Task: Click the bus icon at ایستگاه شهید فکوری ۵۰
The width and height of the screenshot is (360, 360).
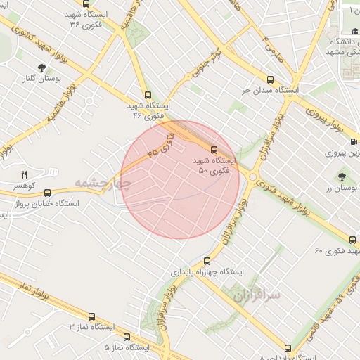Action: [214, 149]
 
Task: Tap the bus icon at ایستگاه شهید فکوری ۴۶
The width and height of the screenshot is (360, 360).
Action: [147, 94]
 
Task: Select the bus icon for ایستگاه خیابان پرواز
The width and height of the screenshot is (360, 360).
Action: [47, 192]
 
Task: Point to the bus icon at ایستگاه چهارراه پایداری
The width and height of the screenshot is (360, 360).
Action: [208, 259]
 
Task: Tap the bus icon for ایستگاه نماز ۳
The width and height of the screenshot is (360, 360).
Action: [92, 316]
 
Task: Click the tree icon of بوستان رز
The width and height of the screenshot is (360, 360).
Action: [342, 176]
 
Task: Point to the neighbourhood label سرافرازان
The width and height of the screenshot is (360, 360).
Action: [255, 295]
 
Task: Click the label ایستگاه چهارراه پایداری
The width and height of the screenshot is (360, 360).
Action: [207, 271]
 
